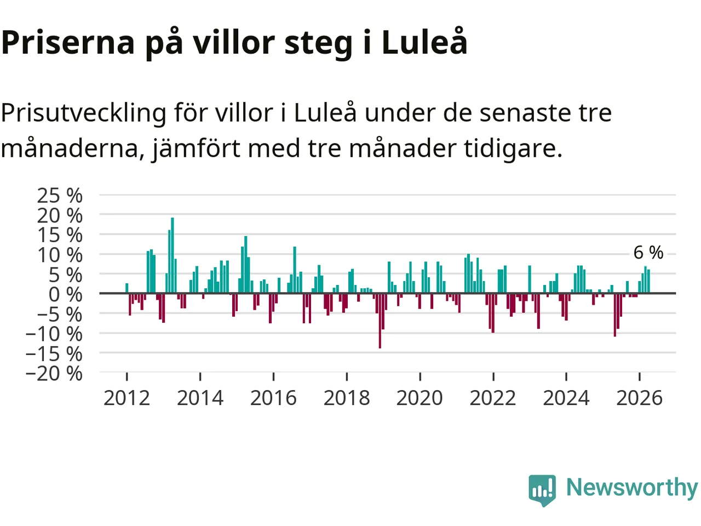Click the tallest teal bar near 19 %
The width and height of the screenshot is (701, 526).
(x=172, y=255)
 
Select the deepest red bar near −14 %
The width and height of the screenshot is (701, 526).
(x=380, y=321)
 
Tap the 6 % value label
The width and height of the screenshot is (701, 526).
(x=648, y=253)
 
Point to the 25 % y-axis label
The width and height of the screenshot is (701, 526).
(x=60, y=196)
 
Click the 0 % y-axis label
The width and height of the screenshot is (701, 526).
(x=66, y=294)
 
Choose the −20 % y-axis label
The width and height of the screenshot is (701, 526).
(x=54, y=373)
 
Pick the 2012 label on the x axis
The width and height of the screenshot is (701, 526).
(x=127, y=398)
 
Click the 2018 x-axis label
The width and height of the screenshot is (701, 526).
(x=347, y=398)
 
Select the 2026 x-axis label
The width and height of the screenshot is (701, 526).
(x=639, y=398)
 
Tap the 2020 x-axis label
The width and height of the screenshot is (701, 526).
(x=420, y=398)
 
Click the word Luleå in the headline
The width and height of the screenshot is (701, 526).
(x=424, y=42)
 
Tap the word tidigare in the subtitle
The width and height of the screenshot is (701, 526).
(x=513, y=149)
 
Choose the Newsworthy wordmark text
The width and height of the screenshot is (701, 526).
(x=632, y=488)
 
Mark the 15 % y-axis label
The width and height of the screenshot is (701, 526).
(x=60, y=236)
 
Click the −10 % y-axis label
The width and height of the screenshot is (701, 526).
(x=54, y=334)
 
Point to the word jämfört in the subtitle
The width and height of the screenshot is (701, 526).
(x=196, y=149)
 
